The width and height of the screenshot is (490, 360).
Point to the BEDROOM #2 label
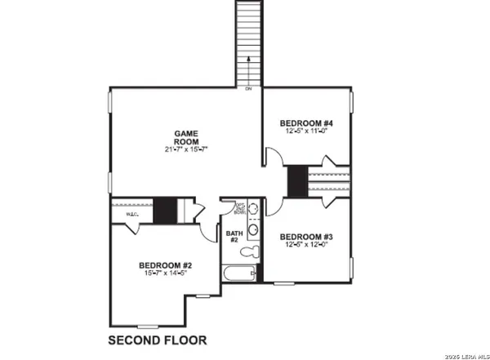click(x=165, y=265)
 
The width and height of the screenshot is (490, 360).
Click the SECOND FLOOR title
click(x=158, y=339)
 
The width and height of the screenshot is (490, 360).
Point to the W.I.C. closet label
click(x=133, y=215)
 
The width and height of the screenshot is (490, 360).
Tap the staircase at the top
click(x=247, y=41)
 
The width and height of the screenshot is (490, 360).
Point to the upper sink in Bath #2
click(x=254, y=210)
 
